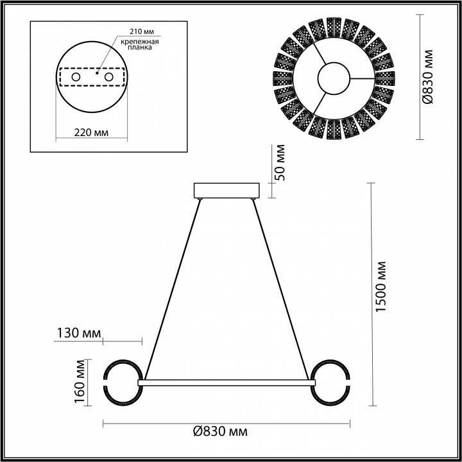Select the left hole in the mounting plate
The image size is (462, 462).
click(x=76, y=77)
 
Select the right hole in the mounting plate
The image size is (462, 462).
click(x=108, y=77)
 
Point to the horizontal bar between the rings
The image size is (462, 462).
click(x=227, y=382)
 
